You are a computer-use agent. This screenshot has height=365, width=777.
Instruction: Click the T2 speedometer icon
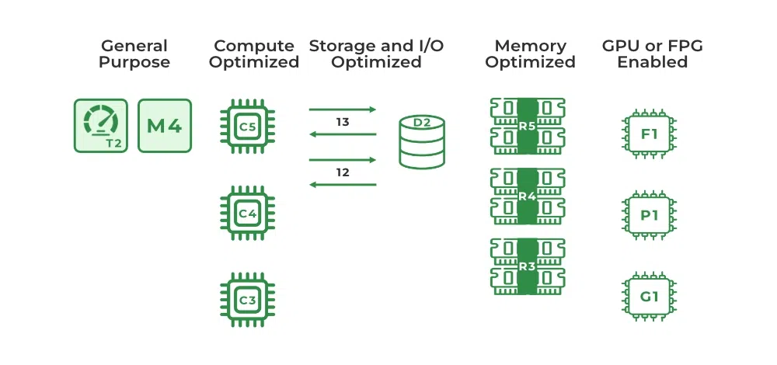point(101,125)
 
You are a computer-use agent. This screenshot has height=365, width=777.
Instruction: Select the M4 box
point(164,125)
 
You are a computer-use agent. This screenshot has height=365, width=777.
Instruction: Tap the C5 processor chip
point(247,124)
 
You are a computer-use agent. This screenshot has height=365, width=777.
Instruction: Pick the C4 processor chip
point(247,212)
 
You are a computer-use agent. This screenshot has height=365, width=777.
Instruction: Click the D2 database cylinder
point(422,141)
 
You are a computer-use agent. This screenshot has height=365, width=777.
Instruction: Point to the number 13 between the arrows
point(343,122)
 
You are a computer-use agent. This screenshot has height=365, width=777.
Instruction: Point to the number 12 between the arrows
point(343,172)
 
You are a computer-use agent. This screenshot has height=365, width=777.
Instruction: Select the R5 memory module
point(528,126)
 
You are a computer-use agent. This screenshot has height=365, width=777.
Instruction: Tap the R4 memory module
point(528,196)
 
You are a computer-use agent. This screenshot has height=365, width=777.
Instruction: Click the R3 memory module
point(528,266)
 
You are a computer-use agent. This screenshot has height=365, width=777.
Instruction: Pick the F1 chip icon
point(650,134)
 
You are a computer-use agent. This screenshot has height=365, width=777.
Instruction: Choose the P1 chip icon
point(650,215)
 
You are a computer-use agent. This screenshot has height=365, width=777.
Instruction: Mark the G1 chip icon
point(650,296)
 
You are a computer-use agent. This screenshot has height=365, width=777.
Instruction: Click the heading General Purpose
point(134,54)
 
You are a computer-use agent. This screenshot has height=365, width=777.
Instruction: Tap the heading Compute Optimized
point(254,54)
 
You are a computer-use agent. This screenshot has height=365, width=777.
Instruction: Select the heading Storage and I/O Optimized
point(377,54)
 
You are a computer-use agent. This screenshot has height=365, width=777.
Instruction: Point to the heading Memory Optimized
point(531,54)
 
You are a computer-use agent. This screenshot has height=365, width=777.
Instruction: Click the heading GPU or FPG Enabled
point(653,54)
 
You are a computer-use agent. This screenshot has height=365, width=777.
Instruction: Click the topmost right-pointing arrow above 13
point(343,109)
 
